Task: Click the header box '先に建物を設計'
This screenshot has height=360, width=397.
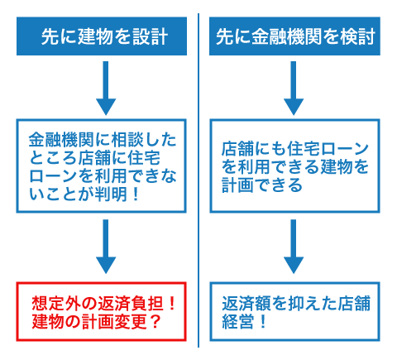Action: click(x=102, y=36)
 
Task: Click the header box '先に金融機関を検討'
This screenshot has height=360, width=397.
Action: click(x=294, y=36)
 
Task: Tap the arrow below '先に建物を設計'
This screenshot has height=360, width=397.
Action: click(x=106, y=88)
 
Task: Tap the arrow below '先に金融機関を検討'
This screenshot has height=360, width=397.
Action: click(x=294, y=88)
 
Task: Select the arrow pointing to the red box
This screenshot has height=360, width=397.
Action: click(x=106, y=247)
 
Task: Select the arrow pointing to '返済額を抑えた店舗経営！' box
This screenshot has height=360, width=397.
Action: click(x=294, y=247)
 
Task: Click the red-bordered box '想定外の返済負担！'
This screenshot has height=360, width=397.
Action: click(x=102, y=311)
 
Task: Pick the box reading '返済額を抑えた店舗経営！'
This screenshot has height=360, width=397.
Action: click(x=294, y=311)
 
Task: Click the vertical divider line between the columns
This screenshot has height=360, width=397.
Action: click(x=198, y=180)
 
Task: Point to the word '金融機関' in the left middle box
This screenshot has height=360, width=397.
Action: click(x=62, y=140)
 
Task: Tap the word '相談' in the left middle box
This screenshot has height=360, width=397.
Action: click(x=127, y=140)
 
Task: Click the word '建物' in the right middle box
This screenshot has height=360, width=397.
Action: click(x=337, y=167)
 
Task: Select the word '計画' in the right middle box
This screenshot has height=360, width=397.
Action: click(x=237, y=185)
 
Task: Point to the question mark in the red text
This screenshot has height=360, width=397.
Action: click(x=155, y=321)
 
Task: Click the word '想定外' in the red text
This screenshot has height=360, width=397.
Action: click(x=56, y=304)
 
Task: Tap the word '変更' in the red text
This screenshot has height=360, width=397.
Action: click(x=131, y=321)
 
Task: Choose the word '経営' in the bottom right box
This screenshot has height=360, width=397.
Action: click(x=237, y=321)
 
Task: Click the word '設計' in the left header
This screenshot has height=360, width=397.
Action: click(x=151, y=36)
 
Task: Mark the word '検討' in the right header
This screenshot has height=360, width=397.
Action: click(x=358, y=36)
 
